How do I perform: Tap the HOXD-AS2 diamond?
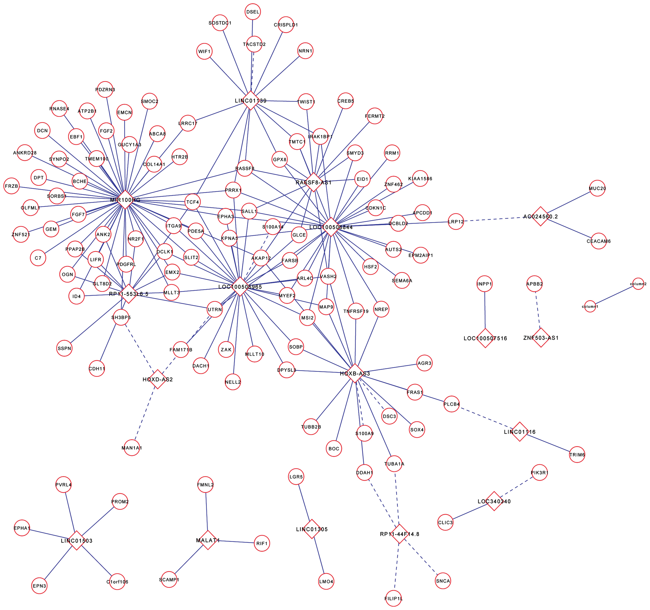click(x=158, y=379)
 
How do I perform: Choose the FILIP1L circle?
click(x=393, y=598)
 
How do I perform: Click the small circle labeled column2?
click(x=638, y=284)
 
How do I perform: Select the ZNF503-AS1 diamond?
click(x=541, y=338)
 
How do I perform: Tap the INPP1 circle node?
click(x=484, y=284)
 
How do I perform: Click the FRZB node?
click(x=11, y=186)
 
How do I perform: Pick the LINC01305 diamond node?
click(x=312, y=529)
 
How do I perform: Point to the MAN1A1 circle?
click(x=132, y=448)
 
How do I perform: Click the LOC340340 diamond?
click(x=494, y=501)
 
